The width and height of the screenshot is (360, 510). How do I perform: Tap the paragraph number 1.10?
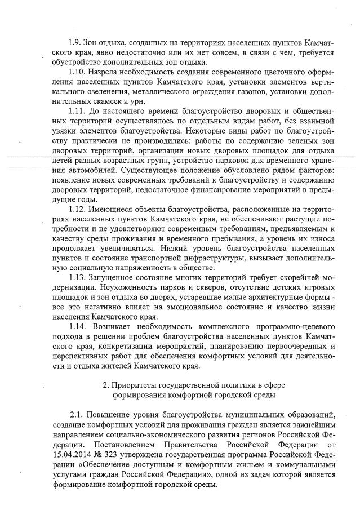[x=77, y=74]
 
